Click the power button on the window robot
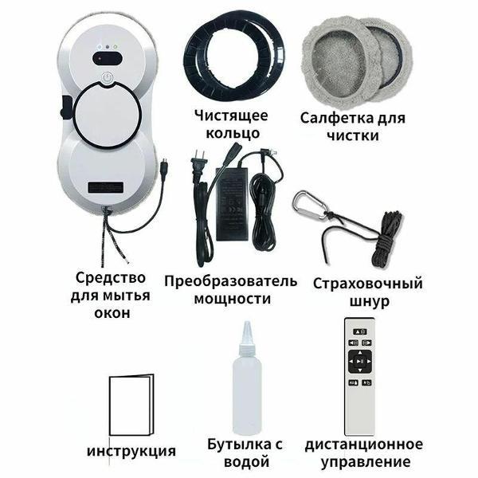(107, 78)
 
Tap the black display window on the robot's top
(108, 57)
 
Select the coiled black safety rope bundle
(386, 238)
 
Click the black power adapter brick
(232, 203)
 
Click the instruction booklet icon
(131, 405)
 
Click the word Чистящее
(231, 116)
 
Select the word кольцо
(233, 133)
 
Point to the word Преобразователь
(231, 280)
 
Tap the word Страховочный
(368, 284)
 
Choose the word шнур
(370, 301)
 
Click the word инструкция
(131, 451)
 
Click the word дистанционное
(364, 445)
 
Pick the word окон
(112, 313)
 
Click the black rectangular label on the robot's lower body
(106, 187)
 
